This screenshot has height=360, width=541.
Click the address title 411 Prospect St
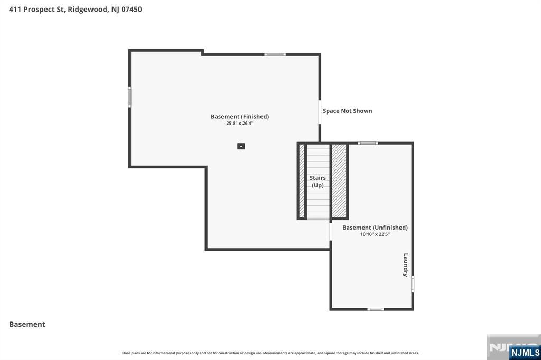tap(75, 9)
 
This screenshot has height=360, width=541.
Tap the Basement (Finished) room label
tap(240, 117)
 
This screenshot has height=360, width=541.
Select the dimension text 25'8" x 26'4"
tap(240, 124)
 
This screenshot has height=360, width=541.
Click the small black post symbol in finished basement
tap(241, 146)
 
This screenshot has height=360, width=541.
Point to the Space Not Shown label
tap(347, 111)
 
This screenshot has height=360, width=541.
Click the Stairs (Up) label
tap(318, 182)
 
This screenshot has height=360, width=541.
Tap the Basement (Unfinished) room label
tap(375, 228)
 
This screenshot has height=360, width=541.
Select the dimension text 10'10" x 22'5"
tap(375, 234)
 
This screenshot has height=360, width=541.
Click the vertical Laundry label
tap(406, 265)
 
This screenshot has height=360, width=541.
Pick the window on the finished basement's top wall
tap(275, 54)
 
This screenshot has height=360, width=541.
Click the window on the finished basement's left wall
tap(129, 97)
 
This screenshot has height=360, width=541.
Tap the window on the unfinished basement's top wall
tap(368, 143)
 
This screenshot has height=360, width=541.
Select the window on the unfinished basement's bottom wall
tap(376, 309)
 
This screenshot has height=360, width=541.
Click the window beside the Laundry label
tap(413, 283)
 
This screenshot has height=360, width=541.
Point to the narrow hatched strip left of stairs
tap(302, 181)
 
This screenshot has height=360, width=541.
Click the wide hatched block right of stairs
tap(339, 181)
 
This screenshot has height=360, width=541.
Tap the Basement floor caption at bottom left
tap(27, 324)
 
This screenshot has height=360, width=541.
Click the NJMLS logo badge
tap(525, 353)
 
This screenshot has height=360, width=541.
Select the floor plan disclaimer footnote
tap(270, 353)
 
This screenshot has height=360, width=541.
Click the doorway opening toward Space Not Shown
tap(320, 112)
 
